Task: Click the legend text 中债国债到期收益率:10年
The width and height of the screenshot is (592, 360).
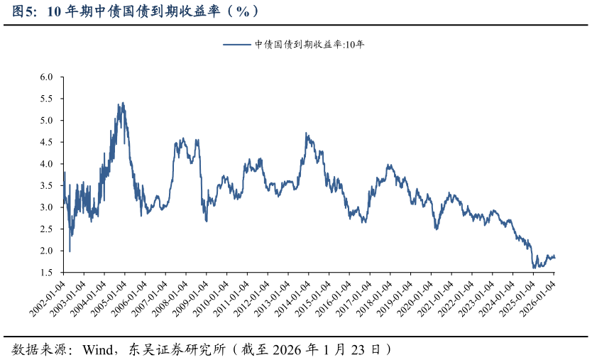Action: pos(309,44)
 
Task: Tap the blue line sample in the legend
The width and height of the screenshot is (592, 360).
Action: pos(238,44)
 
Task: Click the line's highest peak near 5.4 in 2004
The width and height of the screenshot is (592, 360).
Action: pos(123,103)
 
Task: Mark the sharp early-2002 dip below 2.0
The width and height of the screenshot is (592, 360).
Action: pos(70,251)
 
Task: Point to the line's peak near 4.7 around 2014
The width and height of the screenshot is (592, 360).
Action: pos(306,133)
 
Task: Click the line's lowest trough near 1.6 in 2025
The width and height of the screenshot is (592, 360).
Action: pos(535,268)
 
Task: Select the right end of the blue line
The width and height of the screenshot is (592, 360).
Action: pos(555,258)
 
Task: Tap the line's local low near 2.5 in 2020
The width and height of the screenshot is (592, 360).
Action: pos(437,229)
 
